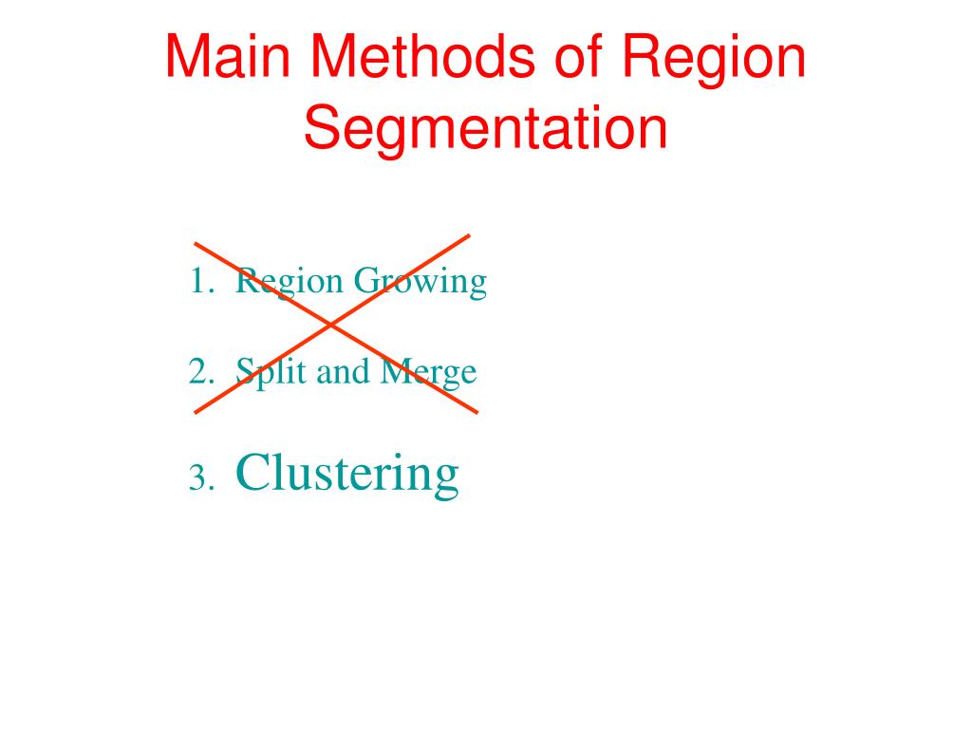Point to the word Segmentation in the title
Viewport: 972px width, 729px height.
click(x=485, y=130)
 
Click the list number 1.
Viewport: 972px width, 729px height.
click(x=197, y=281)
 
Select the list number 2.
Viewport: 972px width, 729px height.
click(x=197, y=371)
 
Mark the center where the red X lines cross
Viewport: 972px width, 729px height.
click(x=331, y=326)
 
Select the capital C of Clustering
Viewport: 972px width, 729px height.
click(x=251, y=472)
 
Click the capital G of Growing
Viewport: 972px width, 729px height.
click(x=365, y=281)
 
